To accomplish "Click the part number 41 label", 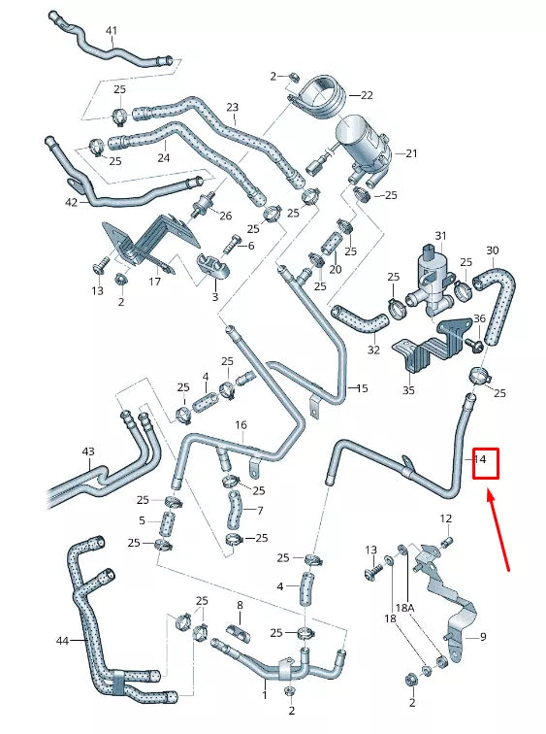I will pyautogui.click(x=111, y=31).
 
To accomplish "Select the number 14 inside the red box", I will pyautogui.click(x=481, y=459).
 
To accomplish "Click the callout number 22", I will pyautogui.click(x=366, y=95).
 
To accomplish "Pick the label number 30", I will pyautogui.click(x=492, y=250).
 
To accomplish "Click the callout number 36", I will pyautogui.click(x=478, y=319).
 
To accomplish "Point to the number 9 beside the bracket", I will pyautogui.click(x=482, y=637).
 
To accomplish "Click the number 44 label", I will pyautogui.click(x=62, y=641).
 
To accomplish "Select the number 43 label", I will pyautogui.click(x=88, y=452).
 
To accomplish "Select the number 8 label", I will pyautogui.click(x=240, y=606).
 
